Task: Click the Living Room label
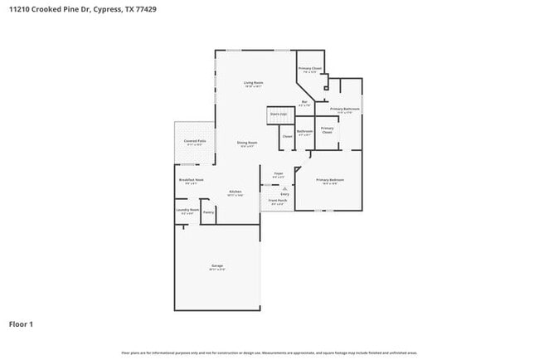(x=253, y=83)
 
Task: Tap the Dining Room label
(x=247, y=143)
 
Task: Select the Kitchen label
(x=236, y=192)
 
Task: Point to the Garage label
(x=216, y=266)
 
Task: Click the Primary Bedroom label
(x=329, y=180)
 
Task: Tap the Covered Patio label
(x=195, y=142)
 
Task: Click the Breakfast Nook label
(x=191, y=180)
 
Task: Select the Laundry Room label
(x=187, y=210)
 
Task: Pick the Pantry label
(x=208, y=212)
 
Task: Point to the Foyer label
(x=279, y=173)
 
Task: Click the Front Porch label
(x=278, y=201)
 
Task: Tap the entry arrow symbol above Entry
(x=284, y=188)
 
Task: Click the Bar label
(x=305, y=102)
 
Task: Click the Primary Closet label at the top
(x=310, y=68)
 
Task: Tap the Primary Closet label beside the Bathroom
(x=328, y=129)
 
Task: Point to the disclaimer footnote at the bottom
(x=269, y=353)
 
